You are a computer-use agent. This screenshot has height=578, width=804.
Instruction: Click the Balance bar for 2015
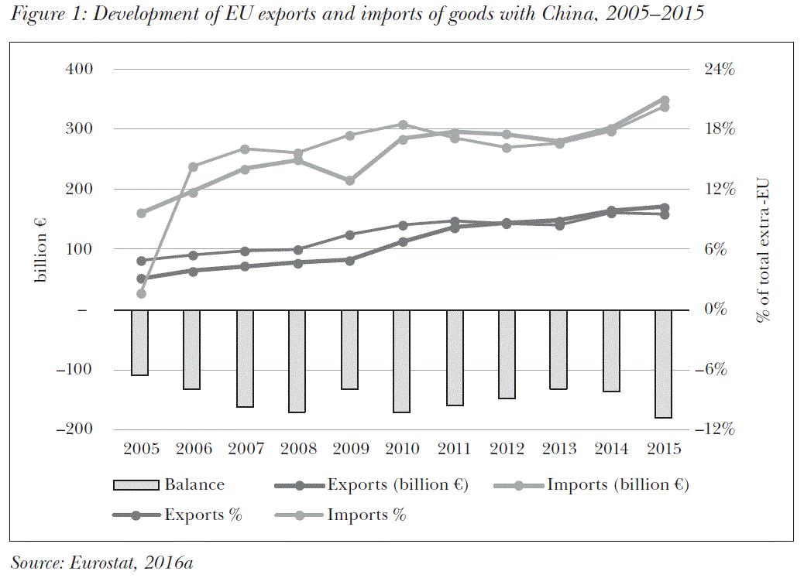[663, 364]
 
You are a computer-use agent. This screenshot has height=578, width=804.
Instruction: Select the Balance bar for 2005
[140, 342]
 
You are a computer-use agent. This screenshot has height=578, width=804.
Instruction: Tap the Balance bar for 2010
[402, 361]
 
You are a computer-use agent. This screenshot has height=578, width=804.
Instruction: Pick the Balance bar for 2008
[297, 361]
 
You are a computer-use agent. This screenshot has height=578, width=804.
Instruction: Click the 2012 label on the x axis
[507, 449]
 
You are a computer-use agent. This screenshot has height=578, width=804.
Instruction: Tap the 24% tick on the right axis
[718, 69]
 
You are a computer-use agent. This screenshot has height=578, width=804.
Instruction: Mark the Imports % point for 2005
[141, 293]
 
